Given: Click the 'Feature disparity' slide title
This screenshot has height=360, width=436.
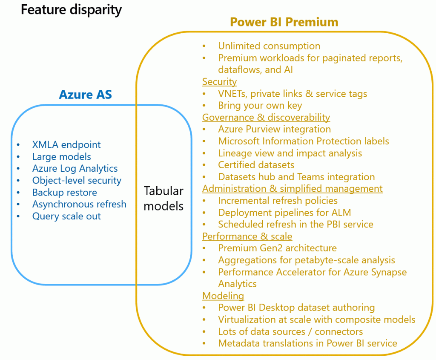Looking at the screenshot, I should (71, 10).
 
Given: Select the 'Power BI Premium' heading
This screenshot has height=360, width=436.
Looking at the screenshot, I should (284, 22).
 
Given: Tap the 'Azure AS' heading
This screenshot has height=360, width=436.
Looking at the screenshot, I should (86, 94).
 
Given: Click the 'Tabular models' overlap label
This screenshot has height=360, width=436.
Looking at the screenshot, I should (163, 198).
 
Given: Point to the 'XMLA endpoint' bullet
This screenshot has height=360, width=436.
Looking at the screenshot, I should (66, 145).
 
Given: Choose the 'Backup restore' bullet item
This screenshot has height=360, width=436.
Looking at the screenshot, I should (65, 193).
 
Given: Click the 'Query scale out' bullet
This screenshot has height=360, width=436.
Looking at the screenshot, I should (66, 216).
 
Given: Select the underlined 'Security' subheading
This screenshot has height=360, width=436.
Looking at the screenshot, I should (219, 82).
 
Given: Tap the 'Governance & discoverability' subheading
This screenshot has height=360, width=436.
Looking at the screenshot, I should (266, 117).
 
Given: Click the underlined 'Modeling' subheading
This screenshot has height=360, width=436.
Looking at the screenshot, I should (223, 296).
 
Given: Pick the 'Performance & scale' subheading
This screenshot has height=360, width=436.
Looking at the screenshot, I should (247, 236).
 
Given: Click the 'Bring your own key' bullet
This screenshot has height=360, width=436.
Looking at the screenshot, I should (260, 106).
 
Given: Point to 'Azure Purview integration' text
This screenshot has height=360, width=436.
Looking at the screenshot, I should (274, 129).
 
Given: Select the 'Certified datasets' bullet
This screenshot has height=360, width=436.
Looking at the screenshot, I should (256, 165).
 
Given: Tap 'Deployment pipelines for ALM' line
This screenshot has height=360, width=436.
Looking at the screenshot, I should (284, 212).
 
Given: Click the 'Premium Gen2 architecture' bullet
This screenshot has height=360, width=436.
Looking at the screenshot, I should (277, 248).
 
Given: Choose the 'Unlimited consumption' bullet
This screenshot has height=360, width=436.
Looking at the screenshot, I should (269, 46).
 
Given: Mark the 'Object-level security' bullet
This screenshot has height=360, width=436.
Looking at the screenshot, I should (77, 181).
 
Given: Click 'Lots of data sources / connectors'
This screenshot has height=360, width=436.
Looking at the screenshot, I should (290, 331).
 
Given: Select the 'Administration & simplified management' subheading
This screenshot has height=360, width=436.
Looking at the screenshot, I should (292, 189).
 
